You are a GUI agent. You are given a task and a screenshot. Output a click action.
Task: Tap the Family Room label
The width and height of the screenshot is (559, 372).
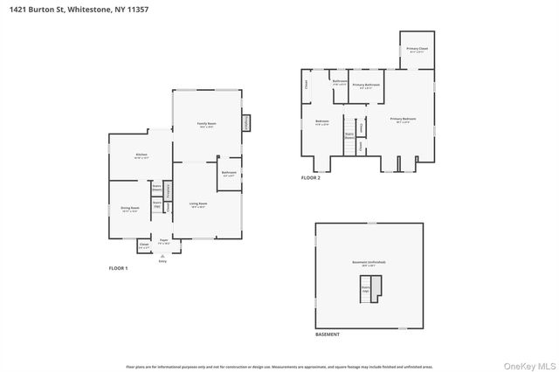pyautogui.click(x=207, y=126)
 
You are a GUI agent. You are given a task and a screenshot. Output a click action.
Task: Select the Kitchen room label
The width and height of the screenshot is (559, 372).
pyautogui.click(x=141, y=156)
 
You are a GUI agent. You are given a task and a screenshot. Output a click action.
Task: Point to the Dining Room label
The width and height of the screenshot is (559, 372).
pyautogui.click(x=130, y=209)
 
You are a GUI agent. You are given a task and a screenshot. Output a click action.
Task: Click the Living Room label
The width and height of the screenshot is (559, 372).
pyautogui.click(x=198, y=205)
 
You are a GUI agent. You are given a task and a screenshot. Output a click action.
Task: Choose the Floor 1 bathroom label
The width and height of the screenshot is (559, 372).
pyautogui.click(x=229, y=174)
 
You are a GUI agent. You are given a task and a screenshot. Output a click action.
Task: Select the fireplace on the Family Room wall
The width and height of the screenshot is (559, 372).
pyautogui.click(x=246, y=123)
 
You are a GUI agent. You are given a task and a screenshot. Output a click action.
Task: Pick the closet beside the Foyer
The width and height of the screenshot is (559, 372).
pyautogui.click(x=144, y=245)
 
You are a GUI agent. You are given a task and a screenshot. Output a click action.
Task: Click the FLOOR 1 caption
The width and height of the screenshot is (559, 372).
pyautogui.click(x=118, y=268)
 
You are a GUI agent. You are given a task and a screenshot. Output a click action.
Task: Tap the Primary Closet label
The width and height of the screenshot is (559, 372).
pyautogui.click(x=417, y=50)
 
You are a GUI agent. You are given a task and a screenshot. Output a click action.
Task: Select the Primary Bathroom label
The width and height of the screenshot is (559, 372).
pyautogui.click(x=367, y=86)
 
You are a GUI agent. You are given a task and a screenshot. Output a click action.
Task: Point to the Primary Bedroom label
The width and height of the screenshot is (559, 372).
pyautogui.click(x=403, y=120)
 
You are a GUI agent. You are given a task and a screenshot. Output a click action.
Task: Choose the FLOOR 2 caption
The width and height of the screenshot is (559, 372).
pyautogui.click(x=311, y=177)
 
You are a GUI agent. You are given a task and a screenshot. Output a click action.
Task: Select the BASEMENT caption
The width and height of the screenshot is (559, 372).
pyautogui.click(x=328, y=334)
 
